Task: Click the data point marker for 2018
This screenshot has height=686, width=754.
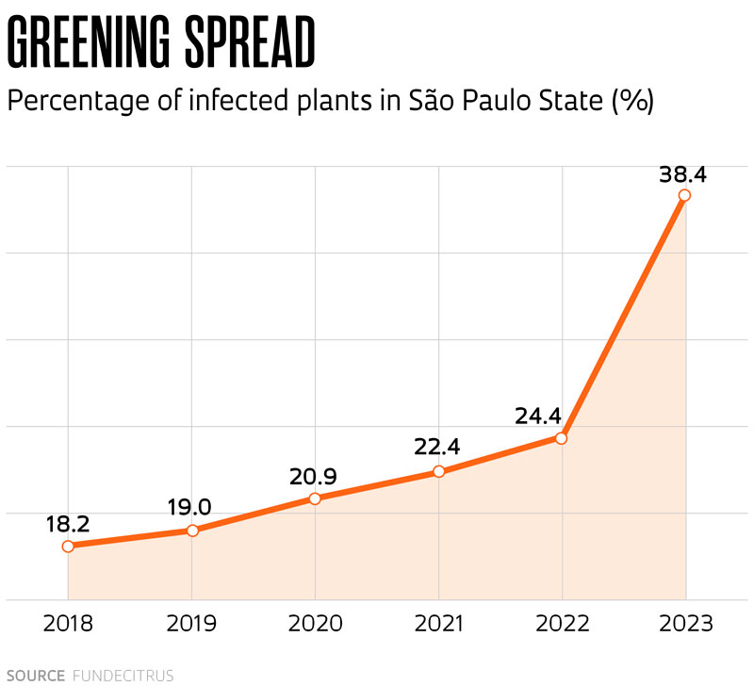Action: pos(68,546)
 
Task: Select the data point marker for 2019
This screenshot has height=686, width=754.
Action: pos(192,531)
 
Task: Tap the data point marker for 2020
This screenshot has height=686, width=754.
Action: pos(315,498)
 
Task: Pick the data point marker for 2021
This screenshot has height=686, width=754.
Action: pos(438,471)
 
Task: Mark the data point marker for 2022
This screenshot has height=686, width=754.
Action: pos(562,438)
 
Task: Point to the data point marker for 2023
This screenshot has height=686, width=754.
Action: pos(685,195)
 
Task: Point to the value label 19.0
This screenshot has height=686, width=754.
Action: pos(188,508)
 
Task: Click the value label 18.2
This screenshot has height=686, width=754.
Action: pos(67,524)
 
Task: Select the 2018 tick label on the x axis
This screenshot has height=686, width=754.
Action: pos(68,624)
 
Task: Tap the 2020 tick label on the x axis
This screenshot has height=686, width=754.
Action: pos(315,624)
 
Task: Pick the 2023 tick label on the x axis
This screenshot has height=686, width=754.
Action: pos(685,624)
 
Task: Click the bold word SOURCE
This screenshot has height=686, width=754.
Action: pos(35,676)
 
